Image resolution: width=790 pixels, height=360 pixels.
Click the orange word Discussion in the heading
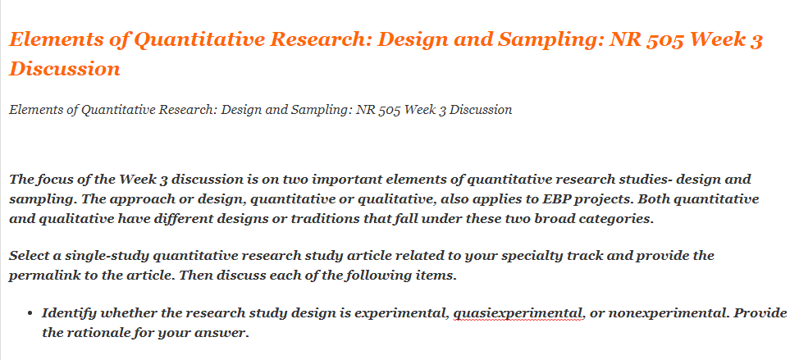pos(65,68)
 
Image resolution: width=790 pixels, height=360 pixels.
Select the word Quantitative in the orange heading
pos(191,39)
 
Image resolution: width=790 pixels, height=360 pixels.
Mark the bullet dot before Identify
pos(30,314)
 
